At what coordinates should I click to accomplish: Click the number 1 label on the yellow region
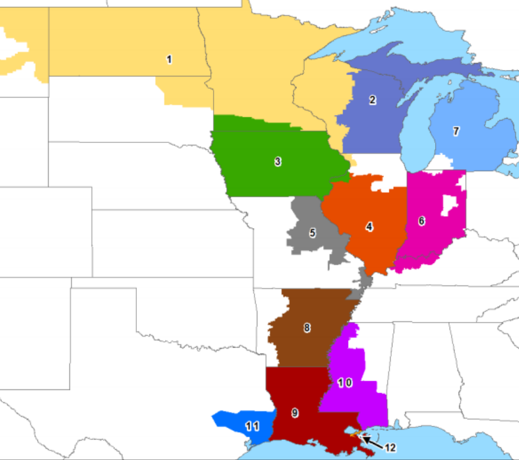[169, 59]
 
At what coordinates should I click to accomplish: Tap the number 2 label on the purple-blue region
[372, 100]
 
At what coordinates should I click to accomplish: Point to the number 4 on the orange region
[369, 227]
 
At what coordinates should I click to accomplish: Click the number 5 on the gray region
[312, 232]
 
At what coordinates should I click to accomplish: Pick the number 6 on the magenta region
[421, 221]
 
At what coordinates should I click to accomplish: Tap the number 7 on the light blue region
[456, 131]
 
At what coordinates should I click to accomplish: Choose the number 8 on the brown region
[307, 328]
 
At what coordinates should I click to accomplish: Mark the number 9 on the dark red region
[294, 413]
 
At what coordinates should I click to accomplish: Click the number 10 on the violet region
[344, 383]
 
